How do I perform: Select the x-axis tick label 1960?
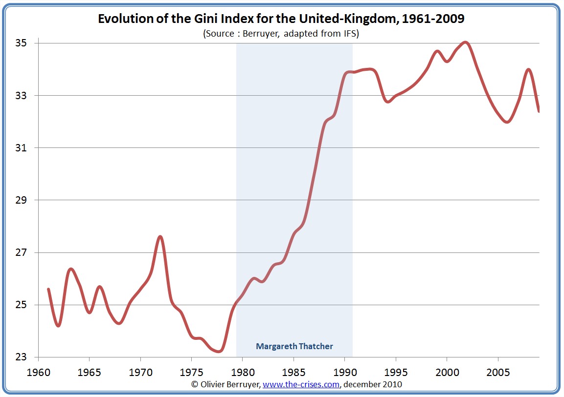38,372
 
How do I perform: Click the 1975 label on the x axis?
191,372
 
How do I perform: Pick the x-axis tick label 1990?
345,372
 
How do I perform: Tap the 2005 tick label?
498,372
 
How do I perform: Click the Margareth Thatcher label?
294,346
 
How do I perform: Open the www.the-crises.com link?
301,384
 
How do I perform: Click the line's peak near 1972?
160,237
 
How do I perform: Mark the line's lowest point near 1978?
220,351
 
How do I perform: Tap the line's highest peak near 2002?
466,42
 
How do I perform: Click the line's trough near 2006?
507,122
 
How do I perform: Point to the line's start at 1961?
48,289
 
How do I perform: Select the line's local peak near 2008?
528,69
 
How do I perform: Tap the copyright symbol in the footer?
195,384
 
